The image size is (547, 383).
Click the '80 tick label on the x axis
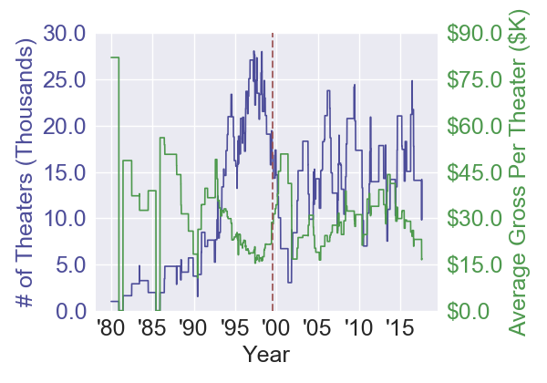coord(109,327)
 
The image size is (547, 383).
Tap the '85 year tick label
coord(150,327)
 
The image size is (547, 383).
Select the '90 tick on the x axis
coord(191,327)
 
